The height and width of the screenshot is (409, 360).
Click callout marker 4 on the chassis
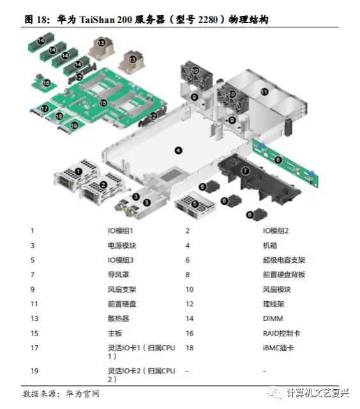point(178,150)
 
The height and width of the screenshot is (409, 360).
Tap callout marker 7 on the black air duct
point(245,170)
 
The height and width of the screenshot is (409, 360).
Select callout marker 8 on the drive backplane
point(278,159)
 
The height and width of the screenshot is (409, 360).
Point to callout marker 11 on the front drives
point(264,91)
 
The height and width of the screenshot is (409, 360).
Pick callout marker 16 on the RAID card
point(46,83)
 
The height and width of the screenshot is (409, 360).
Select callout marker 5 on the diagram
point(195,204)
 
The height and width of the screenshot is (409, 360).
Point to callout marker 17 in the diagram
point(44,109)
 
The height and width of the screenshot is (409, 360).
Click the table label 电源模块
point(122,245)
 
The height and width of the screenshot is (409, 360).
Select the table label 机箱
point(270,245)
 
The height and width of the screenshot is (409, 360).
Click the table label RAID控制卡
point(282,333)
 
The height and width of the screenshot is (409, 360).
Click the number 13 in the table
point(33,318)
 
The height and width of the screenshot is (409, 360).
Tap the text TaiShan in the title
point(101,20)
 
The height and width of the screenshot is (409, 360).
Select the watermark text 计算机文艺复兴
point(319,392)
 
